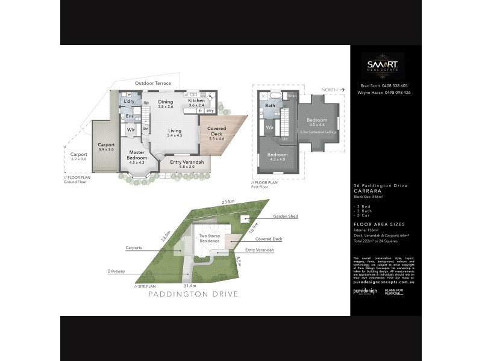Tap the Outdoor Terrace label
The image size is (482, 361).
click(152, 83)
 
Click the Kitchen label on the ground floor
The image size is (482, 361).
click(197, 102)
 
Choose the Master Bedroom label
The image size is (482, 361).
click(137, 155)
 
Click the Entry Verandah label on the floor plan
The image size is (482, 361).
click(187, 161)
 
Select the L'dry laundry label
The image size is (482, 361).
click(129, 101)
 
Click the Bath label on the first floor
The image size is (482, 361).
click(271, 106)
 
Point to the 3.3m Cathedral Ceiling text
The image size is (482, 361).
click(317, 131)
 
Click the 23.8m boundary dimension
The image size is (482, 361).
click(228, 202)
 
